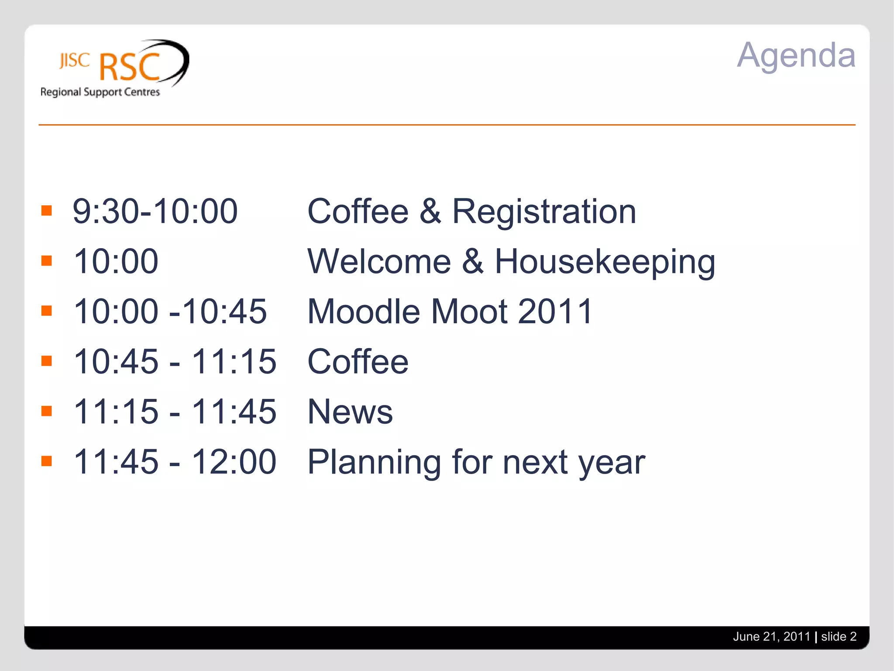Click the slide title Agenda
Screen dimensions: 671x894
pos(796,55)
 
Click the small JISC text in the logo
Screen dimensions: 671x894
pos(75,61)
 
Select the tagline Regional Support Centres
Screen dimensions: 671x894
pos(100,92)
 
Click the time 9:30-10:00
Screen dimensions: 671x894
pos(155,211)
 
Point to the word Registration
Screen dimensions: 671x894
pos(543,211)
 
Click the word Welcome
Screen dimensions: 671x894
pos(379,261)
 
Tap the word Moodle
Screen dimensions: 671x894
pos(364,311)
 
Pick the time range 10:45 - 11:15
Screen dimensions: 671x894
pos(175,362)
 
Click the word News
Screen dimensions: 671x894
pos(350,412)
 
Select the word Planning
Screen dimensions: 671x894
pos(374,462)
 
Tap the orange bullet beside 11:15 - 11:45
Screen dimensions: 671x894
pos(47,411)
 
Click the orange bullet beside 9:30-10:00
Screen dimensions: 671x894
pos(47,211)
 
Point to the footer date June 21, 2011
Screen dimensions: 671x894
pos(771,636)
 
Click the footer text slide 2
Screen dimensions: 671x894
pos(839,636)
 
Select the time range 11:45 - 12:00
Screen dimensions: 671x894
pos(175,462)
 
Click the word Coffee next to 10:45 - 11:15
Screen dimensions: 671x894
pos(358,362)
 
